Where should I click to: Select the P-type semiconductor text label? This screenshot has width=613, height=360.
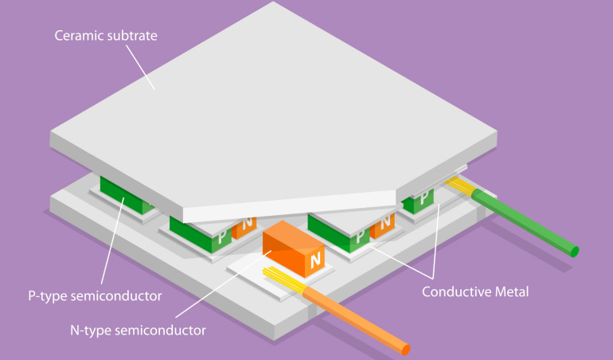coord(94,296)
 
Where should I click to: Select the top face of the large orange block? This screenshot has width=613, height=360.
coord(291,236)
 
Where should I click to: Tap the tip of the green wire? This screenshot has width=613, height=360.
coord(574,251)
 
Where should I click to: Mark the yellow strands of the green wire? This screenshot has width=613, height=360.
coord(462,186)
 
